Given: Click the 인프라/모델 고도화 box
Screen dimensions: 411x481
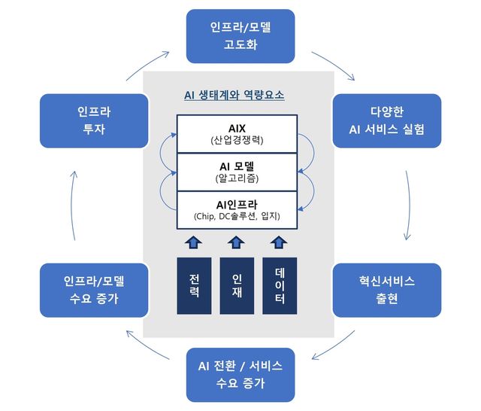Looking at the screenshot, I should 240,36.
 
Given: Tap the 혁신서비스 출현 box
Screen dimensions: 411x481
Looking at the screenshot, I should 386,290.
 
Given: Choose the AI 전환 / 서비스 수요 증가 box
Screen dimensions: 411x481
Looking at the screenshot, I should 240,375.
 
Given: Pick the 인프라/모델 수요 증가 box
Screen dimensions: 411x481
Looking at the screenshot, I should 94,290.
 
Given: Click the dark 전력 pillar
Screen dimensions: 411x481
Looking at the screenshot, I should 194,286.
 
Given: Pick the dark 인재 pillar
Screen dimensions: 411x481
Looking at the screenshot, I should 237,286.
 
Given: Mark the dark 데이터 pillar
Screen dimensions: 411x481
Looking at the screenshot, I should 280,286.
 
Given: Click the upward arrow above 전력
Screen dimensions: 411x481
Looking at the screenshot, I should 194,242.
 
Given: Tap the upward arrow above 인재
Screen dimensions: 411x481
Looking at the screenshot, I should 236,242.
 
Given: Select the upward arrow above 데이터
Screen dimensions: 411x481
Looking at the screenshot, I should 279,242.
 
